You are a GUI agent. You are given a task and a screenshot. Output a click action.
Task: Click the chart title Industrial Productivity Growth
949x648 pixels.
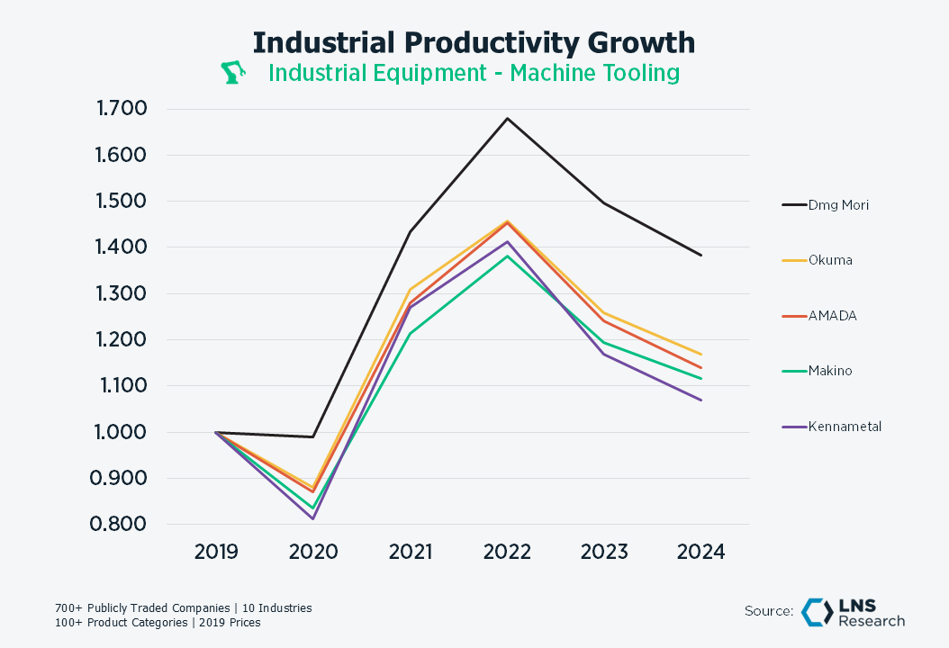(474, 43)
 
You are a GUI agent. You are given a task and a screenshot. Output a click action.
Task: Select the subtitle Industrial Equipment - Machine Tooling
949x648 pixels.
(474, 73)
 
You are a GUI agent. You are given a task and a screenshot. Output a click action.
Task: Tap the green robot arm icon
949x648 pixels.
(234, 73)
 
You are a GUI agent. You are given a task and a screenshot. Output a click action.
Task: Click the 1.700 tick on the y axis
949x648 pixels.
(121, 110)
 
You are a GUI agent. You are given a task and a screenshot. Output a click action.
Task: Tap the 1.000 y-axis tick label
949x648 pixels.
(121, 432)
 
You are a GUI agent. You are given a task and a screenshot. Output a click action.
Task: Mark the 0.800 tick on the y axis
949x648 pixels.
(121, 525)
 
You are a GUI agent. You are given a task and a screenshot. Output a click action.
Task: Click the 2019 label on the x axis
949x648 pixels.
(216, 552)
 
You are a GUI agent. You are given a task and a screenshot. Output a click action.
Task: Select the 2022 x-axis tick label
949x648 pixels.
(507, 552)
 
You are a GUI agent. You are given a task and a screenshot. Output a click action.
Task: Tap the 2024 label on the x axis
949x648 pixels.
(700, 552)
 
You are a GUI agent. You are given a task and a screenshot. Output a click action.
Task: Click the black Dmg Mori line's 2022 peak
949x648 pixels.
(507, 118)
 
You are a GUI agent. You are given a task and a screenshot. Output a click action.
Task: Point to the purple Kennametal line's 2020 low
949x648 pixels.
(313, 518)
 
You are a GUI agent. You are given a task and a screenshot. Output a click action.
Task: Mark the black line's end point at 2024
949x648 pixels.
(700, 255)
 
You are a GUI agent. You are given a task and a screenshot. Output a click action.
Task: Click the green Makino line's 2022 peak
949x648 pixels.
(507, 256)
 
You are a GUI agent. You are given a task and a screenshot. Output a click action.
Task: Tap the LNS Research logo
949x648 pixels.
(853, 612)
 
